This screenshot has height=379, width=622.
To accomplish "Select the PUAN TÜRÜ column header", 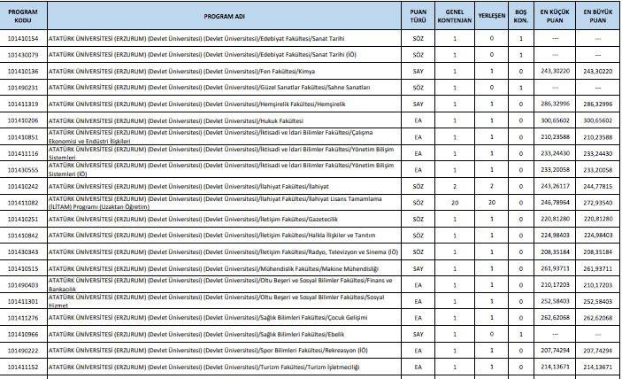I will pos(419,18).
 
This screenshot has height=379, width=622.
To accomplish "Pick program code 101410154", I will pos(23,39).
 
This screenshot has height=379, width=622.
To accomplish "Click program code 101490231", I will pos(23,88).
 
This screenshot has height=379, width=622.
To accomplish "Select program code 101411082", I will pos(23,202).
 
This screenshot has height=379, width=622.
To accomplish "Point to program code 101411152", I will pos(23,366).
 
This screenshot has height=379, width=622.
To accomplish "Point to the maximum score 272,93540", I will pos(598,202).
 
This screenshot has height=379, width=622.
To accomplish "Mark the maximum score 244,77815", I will pos(598,186).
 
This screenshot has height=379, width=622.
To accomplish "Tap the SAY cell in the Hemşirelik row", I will pos(419,104).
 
